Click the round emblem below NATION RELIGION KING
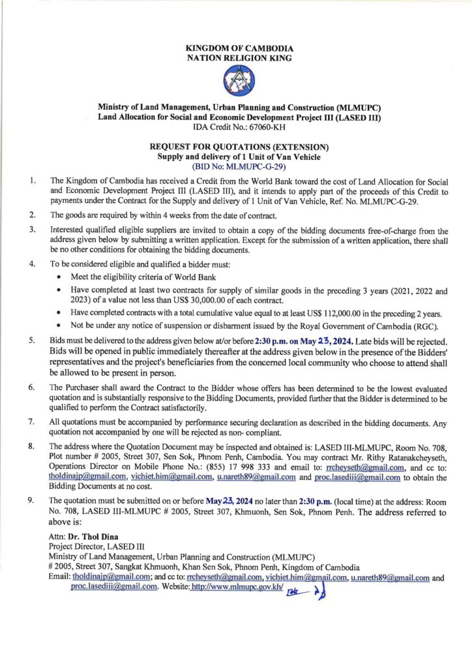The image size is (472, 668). [x=239, y=82]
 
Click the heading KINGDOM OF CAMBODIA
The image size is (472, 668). [x=239, y=49]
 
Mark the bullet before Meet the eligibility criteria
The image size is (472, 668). [x=59, y=279]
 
